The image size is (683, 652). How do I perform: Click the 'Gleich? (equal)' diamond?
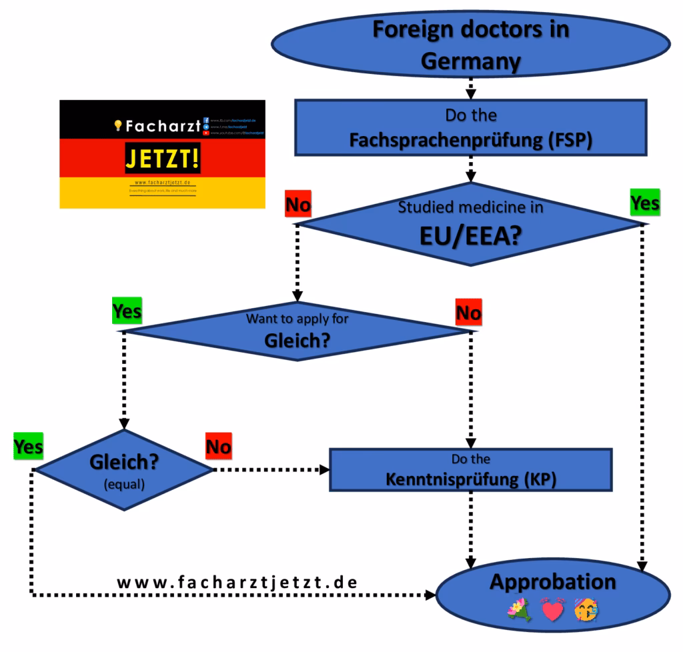[x=123, y=470]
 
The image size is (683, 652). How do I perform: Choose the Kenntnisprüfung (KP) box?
[x=471, y=469]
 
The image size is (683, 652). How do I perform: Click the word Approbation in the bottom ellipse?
[x=553, y=581]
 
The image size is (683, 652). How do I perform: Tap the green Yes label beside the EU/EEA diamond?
[x=644, y=203]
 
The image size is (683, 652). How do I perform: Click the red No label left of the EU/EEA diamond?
[x=297, y=205]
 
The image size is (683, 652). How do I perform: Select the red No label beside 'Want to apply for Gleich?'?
[x=468, y=312]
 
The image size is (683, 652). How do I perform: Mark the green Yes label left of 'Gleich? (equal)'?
[x=28, y=447]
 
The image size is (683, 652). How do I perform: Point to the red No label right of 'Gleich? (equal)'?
[x=218, y=447]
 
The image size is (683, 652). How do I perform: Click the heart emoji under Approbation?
[x=552, y=609]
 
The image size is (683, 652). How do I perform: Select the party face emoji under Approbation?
[x=586, y=609]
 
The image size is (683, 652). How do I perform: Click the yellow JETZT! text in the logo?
[x=162, y=160]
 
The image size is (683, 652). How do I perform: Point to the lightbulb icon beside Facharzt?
[x=118, y=125]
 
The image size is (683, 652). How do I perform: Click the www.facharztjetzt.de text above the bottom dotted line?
[x=237, y=581]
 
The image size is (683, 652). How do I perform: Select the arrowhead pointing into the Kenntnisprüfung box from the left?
[x=325, y=469]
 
